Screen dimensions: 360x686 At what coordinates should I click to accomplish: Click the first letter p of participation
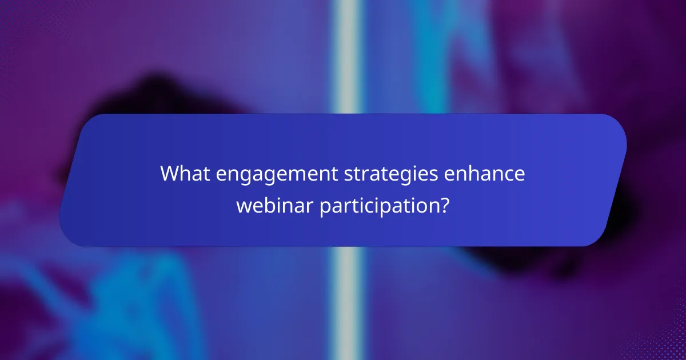324,206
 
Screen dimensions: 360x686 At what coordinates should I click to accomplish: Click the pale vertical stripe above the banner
346,57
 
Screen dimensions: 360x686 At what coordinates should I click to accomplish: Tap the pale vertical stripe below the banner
346,303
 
